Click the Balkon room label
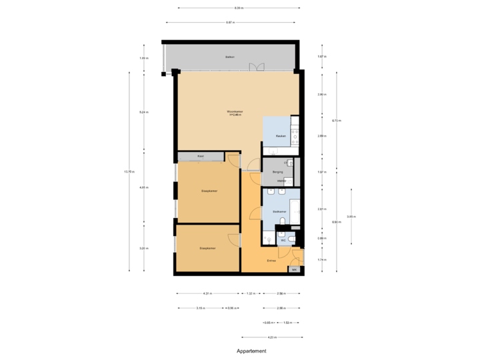(229, 57)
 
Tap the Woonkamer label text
(235, 113)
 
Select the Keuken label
(281, 136)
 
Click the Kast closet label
(200, 157)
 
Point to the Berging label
(278, 172)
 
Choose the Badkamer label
(279, 211)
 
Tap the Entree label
(271, 261)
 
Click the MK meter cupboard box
(294, 269)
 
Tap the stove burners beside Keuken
(294, 133)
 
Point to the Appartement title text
(251, 350)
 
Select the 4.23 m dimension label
(271, 337)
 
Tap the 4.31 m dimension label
(207, 293)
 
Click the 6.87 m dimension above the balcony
(230, 22)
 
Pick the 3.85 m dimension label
(351, 216)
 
